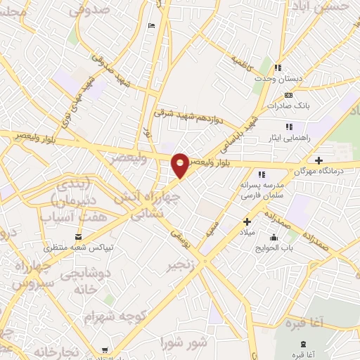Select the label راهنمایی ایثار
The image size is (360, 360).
(x=290, y=139)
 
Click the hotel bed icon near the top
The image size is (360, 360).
(x=153, y=27)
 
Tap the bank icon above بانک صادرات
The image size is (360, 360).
(x=288, y=94)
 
